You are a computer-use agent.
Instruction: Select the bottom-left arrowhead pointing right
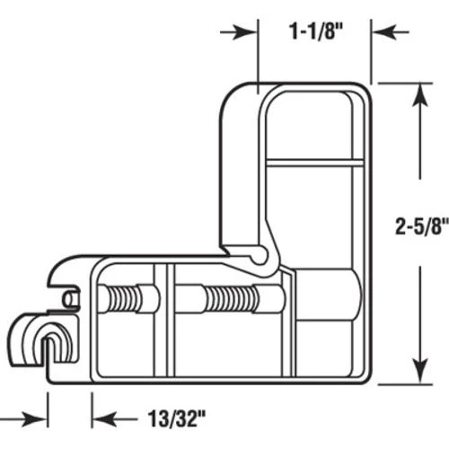click(38, 416)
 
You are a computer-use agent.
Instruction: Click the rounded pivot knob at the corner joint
click(260, 258)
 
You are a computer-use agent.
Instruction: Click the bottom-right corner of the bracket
click(366, 377)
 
